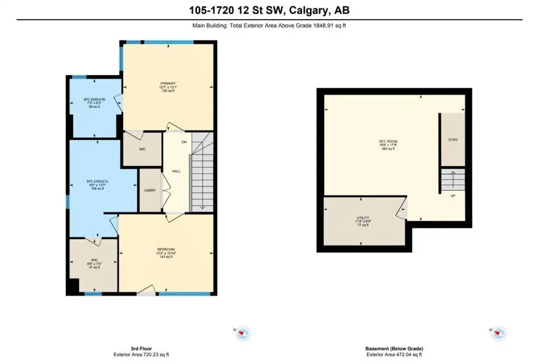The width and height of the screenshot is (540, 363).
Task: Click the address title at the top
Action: [269, 10]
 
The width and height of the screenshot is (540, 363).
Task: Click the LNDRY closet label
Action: [150, 190]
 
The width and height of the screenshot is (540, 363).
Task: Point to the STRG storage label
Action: [453, 140]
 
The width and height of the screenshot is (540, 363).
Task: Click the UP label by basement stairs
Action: [453, 195]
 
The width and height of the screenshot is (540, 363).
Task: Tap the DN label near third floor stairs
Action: [184, 142]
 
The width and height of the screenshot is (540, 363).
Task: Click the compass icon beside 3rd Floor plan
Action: [243, 333]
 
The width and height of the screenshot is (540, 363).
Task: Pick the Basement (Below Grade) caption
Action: [394, 349]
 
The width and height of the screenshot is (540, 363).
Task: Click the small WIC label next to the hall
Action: [142, 149]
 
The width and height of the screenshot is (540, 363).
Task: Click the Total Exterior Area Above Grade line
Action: [269, 25]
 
